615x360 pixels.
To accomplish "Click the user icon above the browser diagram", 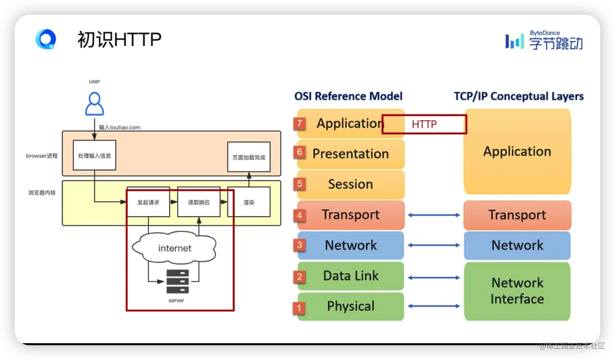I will pyautogui.click(x=94, y=104).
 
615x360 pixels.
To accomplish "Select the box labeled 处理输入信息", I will pyautogui.click(x=94, y=155).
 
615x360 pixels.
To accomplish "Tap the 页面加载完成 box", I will pyautogui.click(x=249, y=157).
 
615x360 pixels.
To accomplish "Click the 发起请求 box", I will pyautogui.click(x=148, y=202).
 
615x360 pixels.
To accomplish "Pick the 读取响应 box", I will pyautogui.click(x=199, y=202).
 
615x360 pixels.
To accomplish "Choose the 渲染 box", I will pyautogui.click(x=249, y=202).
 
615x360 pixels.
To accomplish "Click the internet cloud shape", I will pyautogui.click(x=174, y=248).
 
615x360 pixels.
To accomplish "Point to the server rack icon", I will pyautogui.click(x=178, y=281).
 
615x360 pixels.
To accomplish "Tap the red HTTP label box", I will pyautogui.click(x=424, y=124).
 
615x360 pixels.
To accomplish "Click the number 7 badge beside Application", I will pyautogui.click(x=300, y=123).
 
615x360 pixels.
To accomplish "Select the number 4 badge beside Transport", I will pyautogui.click(x=300, y=215).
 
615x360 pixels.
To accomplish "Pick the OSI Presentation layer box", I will pyautogui.click(x=351, y=154).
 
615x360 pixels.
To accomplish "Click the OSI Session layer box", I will pyautogui.click(x=351, y=185).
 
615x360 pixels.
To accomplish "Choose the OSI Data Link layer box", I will pyautogui.click(x=351, y=276).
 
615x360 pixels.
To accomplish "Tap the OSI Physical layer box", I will pyautogui.click(x=351, y=306).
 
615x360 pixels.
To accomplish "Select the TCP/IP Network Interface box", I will pyautogui.click(x=517, y=291).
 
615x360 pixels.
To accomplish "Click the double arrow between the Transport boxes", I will pyautogui.click(x=434, y=215).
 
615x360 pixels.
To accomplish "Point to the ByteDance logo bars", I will pyautogui.click(x=515, y=41).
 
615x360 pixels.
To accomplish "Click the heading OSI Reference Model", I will pyautogui.click(x=348, y=96).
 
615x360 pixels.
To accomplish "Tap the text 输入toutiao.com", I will pyautogui.click(x=119, y=128).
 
